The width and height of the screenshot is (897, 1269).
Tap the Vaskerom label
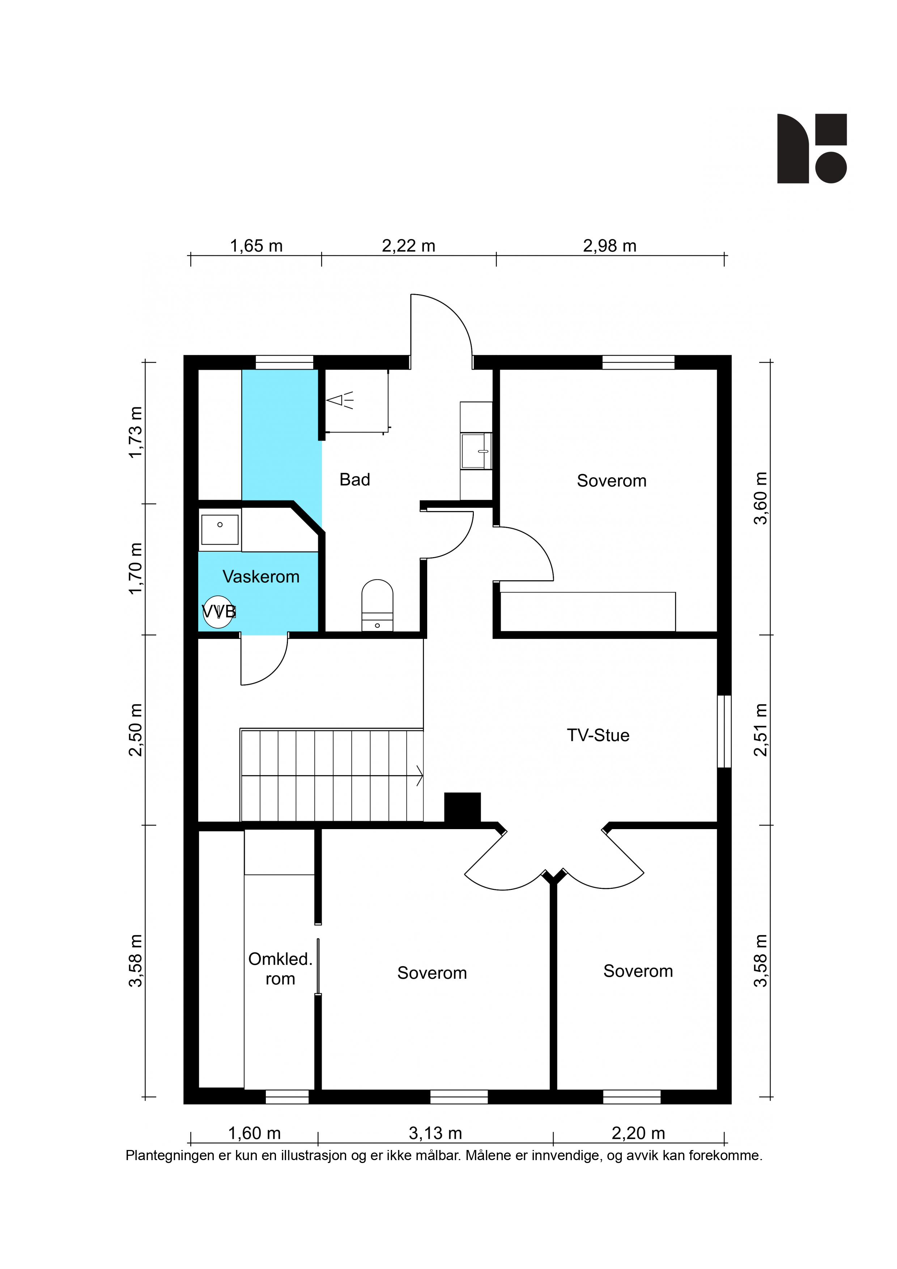(261, 577)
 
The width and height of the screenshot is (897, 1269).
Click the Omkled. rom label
(280, 968)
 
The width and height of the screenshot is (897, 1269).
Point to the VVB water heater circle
(218, 612)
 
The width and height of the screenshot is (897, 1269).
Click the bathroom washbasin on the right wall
(476, 451)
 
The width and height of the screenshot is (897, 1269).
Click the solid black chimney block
(463, 808)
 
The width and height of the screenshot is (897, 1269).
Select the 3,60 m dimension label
(761, 498)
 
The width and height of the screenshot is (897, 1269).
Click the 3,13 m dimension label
(435, 1133)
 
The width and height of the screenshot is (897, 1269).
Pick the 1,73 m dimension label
(135, 432)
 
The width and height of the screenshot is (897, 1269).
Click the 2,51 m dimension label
(761, 730)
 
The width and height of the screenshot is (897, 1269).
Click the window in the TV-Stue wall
(724, 731)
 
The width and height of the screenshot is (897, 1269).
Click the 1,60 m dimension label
(254, 1133)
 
